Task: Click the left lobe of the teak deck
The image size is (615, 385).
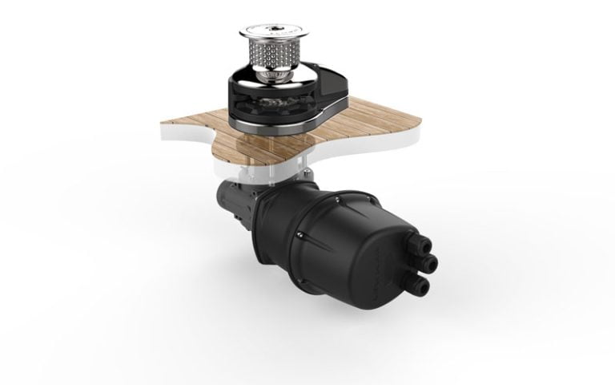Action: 188,128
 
